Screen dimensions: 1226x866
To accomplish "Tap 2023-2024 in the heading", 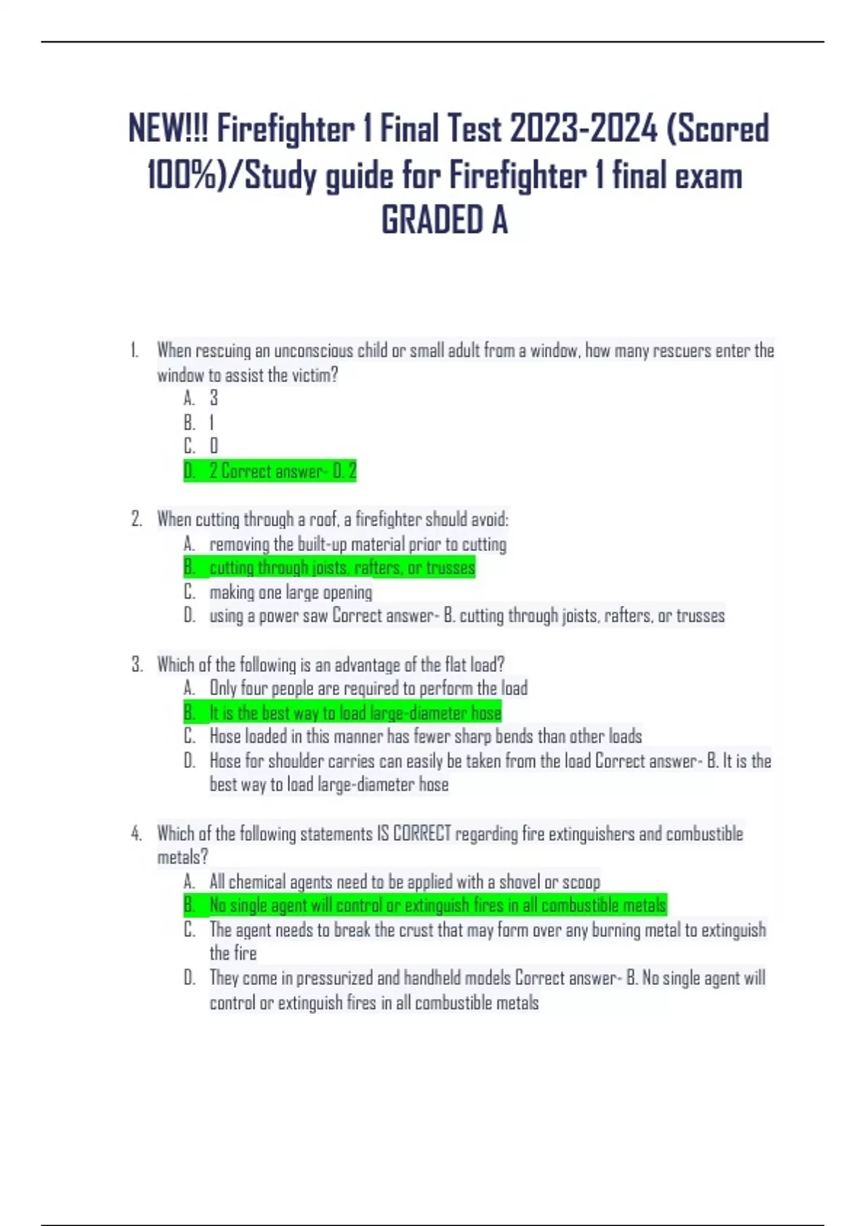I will (x=583, y=130).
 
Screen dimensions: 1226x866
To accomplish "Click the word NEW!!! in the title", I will (x=168, y=130).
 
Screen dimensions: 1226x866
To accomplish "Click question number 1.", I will (x=134, y=351).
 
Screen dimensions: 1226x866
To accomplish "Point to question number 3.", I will (x=136, y=664).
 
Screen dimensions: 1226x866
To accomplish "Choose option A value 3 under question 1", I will (x=214, y=398).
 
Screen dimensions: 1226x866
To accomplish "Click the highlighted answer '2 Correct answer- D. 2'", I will (x=282, y=471).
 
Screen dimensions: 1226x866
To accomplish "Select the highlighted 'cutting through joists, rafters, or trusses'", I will (x=342, y=568).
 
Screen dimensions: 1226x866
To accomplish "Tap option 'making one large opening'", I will (x=291, y=592).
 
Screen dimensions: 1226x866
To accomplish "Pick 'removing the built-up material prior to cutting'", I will (x=358, y=544).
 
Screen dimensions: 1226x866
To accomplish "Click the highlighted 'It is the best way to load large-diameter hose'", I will (x=355, y=713).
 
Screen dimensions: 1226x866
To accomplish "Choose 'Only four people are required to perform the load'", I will (x=368, y=688).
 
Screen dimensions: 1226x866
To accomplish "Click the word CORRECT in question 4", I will (x=421, y=834).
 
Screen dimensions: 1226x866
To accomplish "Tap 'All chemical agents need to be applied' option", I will (x=404, y=881).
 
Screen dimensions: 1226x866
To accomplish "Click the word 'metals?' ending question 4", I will (x=183, y=857).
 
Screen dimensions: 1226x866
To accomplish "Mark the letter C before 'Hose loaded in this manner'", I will (x=189, y=736).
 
